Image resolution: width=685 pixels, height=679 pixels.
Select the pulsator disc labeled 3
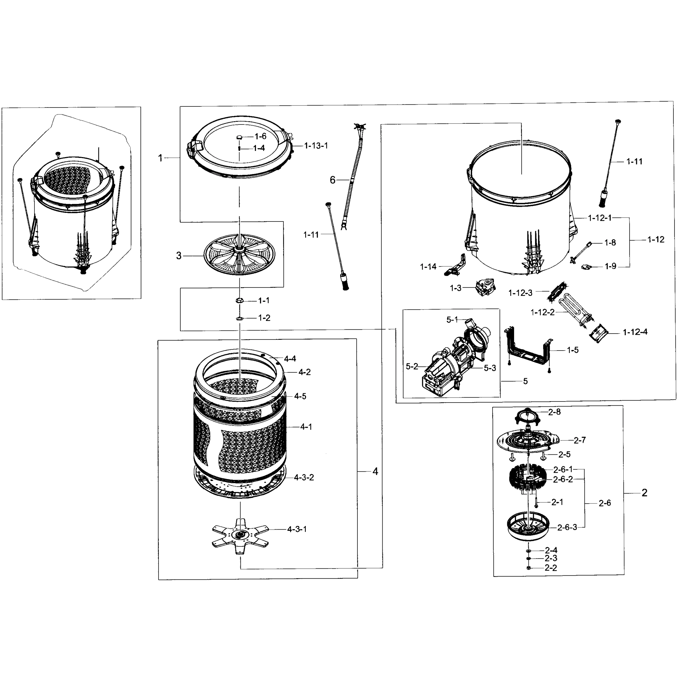pyautogui.click(x=239, y=254)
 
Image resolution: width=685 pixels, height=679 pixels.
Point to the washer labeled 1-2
pyautogui.click(x=239, y=318)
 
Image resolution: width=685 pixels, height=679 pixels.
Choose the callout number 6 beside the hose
pyautogui.click(x=332, y=180)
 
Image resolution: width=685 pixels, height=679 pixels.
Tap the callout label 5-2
pyautogui.click(x=412, y=366)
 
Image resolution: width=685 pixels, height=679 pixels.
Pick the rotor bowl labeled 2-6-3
pyautogui.click(x=528, y=528)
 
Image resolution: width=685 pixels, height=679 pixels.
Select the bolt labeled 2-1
pyautogui.click(x=536, y=502)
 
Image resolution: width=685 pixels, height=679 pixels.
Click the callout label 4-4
pyautogui.click(x=290, y=358)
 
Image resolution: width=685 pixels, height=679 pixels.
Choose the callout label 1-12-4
pyautogui.click(x=635, y=332)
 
